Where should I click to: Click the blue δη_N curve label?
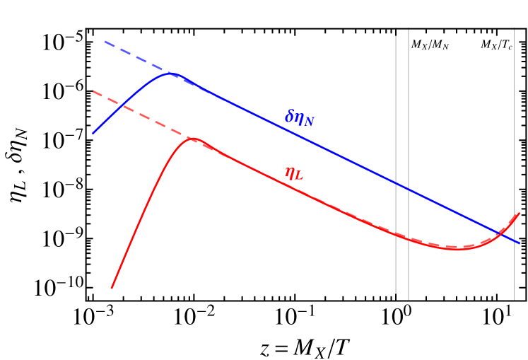[299, 118]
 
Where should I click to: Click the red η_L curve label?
[293, 173]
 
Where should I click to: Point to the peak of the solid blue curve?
[171, 73]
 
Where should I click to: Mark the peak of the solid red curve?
[191, 139]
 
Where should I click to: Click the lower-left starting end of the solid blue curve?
[93, 133]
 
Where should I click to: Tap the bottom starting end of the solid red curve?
[112, 288]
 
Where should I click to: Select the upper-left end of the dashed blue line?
[105, 42]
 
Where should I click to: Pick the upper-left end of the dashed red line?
[93, 91]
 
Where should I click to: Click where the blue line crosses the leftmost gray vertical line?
[396, 183]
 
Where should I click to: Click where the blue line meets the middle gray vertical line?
[409, 190]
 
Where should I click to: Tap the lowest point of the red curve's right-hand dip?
[458, 249]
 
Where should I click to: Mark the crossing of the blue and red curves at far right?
[499, 233]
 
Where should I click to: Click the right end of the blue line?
[520, 243]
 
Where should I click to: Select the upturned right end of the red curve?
[520, 213]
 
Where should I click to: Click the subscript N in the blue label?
[309, 122]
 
